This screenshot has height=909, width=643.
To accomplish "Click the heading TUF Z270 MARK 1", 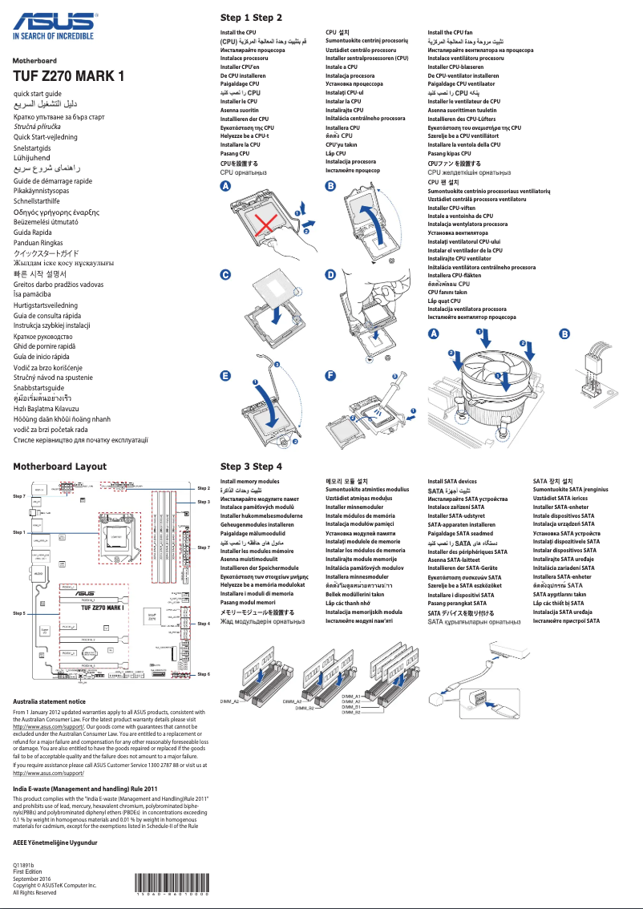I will point(69,77).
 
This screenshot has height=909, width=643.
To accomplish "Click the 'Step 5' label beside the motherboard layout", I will point(19,612).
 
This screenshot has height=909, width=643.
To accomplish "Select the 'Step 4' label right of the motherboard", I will point(203,623).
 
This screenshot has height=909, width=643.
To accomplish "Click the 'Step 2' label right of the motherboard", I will point(203,488).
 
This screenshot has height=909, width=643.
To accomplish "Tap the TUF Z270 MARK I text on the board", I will point(91,608).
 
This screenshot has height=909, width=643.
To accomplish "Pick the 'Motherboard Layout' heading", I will point(59,466).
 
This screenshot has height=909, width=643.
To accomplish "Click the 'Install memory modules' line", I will point(250,482).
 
